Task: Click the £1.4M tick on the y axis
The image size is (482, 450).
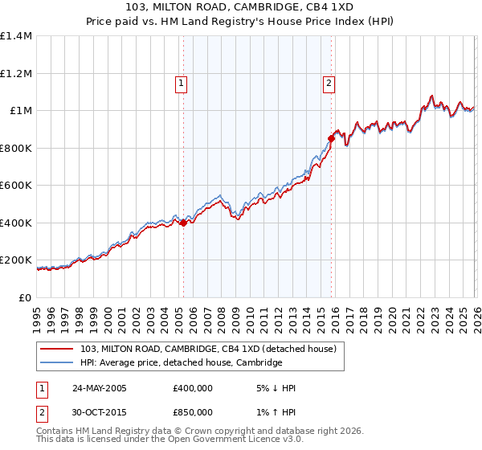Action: click(16, 36)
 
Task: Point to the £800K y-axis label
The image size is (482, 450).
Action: click(16, 148)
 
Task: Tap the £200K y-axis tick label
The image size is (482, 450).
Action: click(16, 260)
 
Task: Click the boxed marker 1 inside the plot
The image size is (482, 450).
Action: click(182, 82)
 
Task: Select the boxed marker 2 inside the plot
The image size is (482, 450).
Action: click(329, 82)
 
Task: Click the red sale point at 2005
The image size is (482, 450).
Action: click(183, 223)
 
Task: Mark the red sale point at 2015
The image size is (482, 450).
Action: click(331, 139)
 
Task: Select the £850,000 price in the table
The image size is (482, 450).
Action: click(193, 411)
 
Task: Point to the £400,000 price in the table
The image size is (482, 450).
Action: click(193, 388)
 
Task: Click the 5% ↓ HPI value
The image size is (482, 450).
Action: click(275, 388)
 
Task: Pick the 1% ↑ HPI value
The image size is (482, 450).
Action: click(275, 411)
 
